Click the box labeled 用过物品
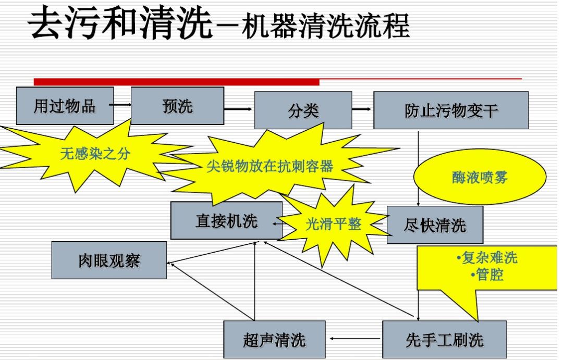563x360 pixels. [65, 106]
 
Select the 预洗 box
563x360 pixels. [177, 106]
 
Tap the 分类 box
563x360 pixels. [303, 110]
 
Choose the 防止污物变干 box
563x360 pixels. [451, 110]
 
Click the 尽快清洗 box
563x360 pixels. [435, 225]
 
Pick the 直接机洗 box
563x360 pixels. [226, 220]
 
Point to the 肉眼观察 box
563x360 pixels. [109, 260]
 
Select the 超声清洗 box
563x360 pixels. [274, 340]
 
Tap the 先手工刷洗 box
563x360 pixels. [444, 340]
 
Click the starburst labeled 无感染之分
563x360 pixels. [94, 153]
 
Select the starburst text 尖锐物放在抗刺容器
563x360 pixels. [270, 166]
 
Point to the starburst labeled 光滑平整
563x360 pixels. [333, 224]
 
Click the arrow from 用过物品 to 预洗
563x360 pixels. [121, 105]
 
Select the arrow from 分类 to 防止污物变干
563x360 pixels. [363, 109]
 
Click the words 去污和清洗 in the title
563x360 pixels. [121, 24]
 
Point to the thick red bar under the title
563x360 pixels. [176, 81]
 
